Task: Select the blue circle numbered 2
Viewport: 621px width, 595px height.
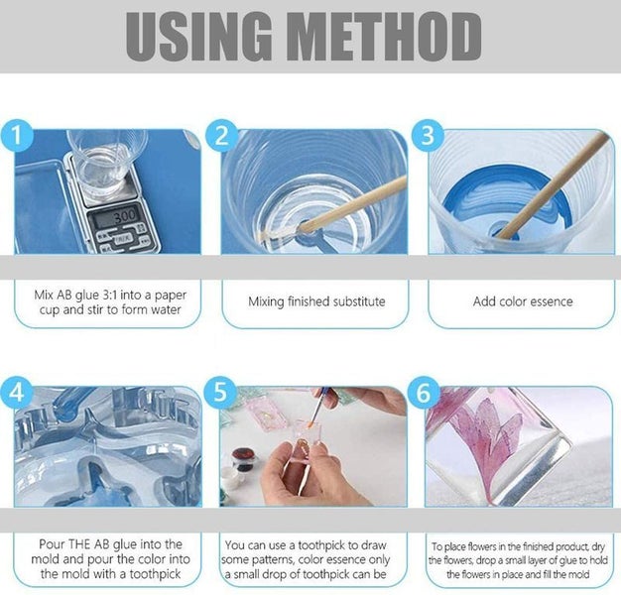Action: click(x=222, y=135)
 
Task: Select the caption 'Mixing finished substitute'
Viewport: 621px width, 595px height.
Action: click(x=315, y=301)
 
